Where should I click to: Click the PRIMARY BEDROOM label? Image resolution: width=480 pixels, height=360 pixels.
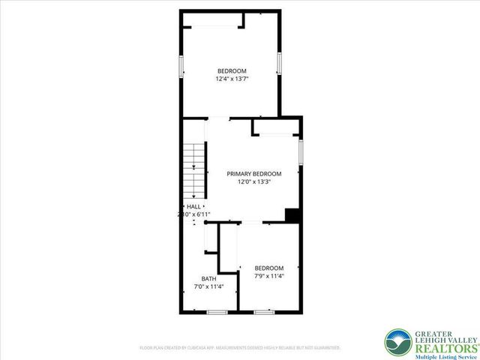[x=253, y=173]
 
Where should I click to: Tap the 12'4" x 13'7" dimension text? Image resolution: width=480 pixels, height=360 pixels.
[x=232, y=78]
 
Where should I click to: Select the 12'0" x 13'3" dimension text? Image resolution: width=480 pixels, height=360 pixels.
[x=253, y=181]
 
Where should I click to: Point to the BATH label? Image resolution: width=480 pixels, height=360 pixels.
[x=208, y=278]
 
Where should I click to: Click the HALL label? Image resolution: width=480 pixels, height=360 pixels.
[x=193, y=206]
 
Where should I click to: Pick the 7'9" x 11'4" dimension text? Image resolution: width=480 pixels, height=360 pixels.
[x=268, y=275]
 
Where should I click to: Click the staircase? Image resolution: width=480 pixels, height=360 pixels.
[x=194, y=169]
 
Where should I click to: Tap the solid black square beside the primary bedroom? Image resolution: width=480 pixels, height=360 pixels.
[x=292, y=215]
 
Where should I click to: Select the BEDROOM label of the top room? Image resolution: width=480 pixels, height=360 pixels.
[x=232, y=70]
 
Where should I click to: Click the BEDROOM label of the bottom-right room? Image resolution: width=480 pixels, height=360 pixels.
[x=268, y=268]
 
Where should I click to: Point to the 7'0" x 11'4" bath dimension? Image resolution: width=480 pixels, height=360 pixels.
[x=208, y=286]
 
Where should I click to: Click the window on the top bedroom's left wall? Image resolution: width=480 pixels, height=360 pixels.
[x=180, y=64]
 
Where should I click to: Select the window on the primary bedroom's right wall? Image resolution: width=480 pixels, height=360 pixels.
[x=301, y=151]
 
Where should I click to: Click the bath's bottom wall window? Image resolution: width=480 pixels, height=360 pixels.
[x=217, y=311]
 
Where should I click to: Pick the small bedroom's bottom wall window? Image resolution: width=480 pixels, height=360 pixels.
[x=264, y=311]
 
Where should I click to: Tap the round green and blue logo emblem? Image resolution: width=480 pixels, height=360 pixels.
[x=397, y=343]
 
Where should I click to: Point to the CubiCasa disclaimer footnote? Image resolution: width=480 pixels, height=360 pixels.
[x=240, y=348]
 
